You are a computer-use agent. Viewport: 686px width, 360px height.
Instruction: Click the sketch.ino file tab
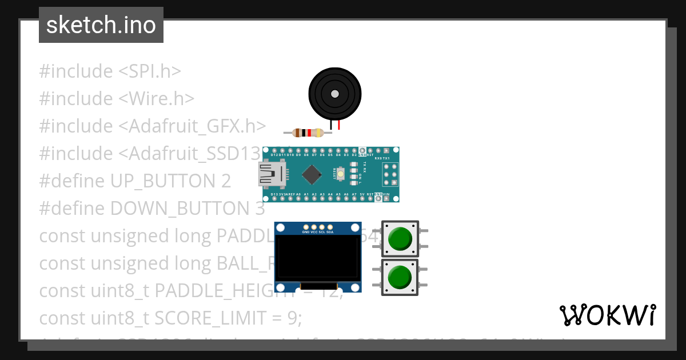coord(101,25)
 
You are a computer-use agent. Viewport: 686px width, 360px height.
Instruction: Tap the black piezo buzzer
coord(334,94)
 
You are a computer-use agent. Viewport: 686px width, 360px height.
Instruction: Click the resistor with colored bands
coord(308,133)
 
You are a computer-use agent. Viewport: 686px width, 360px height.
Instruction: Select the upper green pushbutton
coord(400,239)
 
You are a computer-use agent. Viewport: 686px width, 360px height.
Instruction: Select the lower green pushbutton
coord(400,277)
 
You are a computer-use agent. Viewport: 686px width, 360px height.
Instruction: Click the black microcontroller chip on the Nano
coord(312,174)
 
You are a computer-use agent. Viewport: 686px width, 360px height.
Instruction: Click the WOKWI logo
coord(607,315)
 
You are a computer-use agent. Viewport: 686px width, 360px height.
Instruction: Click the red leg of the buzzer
coord(338,125)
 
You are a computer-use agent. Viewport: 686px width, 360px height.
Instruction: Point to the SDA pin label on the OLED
coord(330,232)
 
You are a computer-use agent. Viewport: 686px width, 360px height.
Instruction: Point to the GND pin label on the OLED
coord(305,232)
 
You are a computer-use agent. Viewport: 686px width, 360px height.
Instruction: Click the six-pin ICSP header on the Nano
coord(390,174)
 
